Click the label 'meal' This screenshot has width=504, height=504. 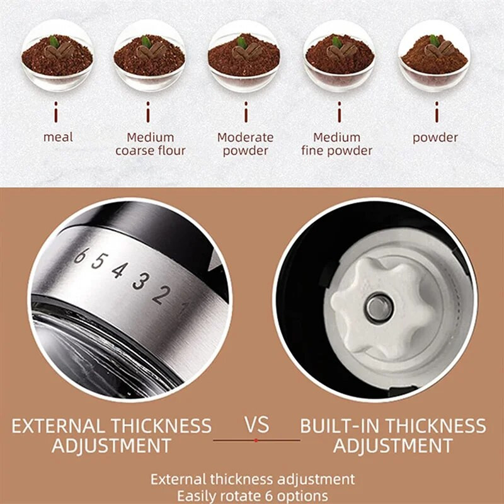click(x=58, y=137)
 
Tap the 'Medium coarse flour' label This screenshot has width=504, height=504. click(x=151, y=144)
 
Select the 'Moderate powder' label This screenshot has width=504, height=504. click(x=245, y=144)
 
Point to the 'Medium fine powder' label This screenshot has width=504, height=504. click(x=337, y=144)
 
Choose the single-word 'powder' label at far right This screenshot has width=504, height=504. click(x=435, y=137)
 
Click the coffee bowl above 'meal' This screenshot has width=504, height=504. click(x=57, y=55)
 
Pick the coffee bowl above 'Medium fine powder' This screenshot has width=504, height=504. click(x=340, y=55)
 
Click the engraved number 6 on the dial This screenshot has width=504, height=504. click(x=80, y=256)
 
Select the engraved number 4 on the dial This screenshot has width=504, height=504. click(x=119, y=270)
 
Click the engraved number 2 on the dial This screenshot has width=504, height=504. click(x=162, y=295)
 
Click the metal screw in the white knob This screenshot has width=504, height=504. click(x=379, y=308)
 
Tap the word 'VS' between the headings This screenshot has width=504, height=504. click(x=256, y=425)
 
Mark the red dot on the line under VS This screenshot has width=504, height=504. click(x=256, y=440)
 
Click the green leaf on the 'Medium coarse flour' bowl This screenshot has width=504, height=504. click(x=146, y=42)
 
